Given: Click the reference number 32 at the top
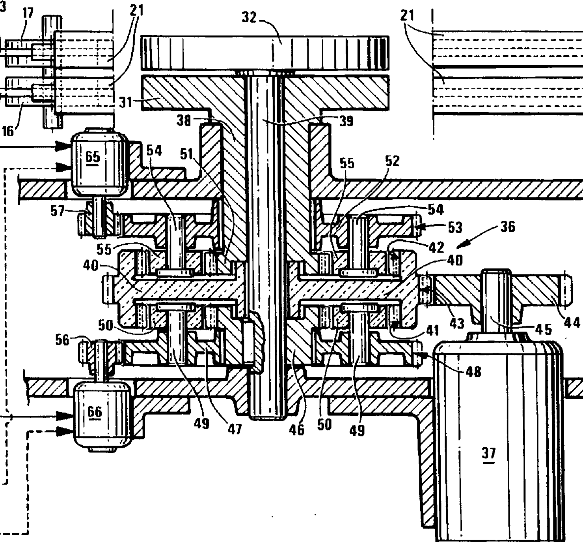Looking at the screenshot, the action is click(x=249, y=17).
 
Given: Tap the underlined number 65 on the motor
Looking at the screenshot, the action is click(x=93, y=157).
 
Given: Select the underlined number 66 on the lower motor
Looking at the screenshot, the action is click(x=94, y=412).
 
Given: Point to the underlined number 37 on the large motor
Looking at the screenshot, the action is click(x=488, y=453).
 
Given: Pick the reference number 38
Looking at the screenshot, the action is click(x=184, y=120).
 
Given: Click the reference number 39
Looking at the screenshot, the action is click(x=346, y=121).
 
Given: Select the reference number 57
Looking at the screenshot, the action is click(x=58, y=211).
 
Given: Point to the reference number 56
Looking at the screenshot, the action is click(x=62, y=340).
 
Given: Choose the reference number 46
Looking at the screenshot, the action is click(x=297, y=429).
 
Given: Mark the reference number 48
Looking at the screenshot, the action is click(x=473, y=372).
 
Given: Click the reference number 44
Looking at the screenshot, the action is click(x=572, y=323).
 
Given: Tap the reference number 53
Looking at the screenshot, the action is click(x=455, y=228).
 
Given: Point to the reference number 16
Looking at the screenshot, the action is click(x=8, y=131).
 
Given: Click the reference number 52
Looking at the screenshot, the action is click(x=393, y=161).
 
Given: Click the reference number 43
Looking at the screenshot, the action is click(x=457, y=323).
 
